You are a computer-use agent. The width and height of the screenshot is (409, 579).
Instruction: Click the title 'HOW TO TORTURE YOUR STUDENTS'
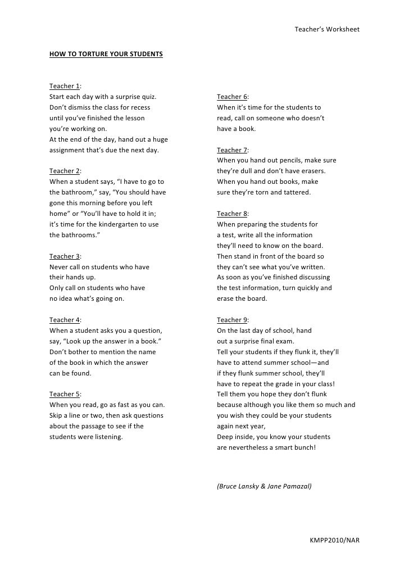(x=106, y=55)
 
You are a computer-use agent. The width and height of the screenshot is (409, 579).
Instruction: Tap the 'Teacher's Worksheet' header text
(x=327, y=29)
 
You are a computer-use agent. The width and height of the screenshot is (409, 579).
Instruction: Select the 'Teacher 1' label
(x=65, y=86)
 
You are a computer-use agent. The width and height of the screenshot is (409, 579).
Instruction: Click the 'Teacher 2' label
(x=65, y=171)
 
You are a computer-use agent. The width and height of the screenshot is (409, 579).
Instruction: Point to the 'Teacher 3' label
(x=65, y=256)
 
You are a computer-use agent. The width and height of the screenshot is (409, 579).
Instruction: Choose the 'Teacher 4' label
(x=65, y=320)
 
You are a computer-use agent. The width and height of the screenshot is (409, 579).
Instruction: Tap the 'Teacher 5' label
(x=65, y=394)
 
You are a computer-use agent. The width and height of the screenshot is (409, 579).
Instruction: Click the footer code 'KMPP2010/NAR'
(x=334, y=540)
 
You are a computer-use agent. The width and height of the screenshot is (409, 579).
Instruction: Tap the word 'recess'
(x=138, y=107)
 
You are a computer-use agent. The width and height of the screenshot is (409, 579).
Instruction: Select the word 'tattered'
(x=296, y=192)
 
